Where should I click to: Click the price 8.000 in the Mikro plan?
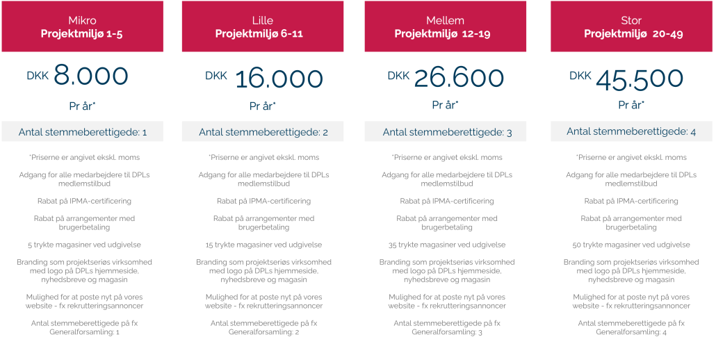click(91, 76)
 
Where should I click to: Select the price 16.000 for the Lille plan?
click(279, 79)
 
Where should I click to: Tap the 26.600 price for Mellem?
click(459, 78)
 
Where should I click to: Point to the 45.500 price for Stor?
click(640, 78)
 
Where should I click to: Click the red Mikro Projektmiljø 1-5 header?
click(82, 26)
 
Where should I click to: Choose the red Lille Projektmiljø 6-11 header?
click(263, 26)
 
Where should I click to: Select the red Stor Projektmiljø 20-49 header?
click(632, 26)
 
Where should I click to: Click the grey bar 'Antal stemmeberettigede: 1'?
click(82, 132)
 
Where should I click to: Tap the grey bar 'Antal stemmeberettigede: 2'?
click(263, 132)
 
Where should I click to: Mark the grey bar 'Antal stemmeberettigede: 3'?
click(446, 132)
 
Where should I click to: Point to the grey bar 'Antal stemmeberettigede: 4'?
click(632, 131)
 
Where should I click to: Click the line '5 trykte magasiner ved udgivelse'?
click(82, 245)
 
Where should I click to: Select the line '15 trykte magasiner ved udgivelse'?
click(263, 245)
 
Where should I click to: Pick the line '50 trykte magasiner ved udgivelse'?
click(632, 245)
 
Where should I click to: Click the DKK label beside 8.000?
click(38, 76)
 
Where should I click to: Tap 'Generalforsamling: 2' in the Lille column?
click(263, 332)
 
